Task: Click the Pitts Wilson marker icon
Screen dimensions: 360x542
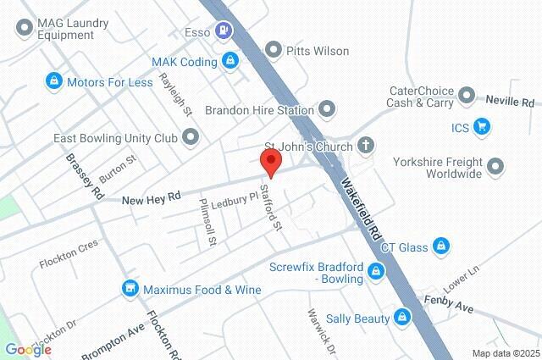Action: click(x=273, y=51)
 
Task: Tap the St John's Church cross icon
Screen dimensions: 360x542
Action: click(x=366, y=145)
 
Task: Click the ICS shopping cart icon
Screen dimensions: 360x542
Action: click(x=483, y=128)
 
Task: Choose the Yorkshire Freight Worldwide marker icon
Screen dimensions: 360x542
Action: click(x=496, y=167)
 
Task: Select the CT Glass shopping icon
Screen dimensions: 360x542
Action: click(x=440, y=246)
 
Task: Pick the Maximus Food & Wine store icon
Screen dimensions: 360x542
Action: click(x=130, y=289)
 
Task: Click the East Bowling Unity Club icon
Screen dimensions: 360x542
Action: click(x=191, y=136)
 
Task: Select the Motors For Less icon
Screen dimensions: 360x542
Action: click(x=53, y=82)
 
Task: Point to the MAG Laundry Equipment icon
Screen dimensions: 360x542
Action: click(x=23, y=28)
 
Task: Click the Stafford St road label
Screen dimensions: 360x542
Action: click(x=271, y=207)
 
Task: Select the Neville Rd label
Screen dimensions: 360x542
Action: click(x=510, y=100)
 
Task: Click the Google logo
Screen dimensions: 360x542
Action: click(x=28, y=350)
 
